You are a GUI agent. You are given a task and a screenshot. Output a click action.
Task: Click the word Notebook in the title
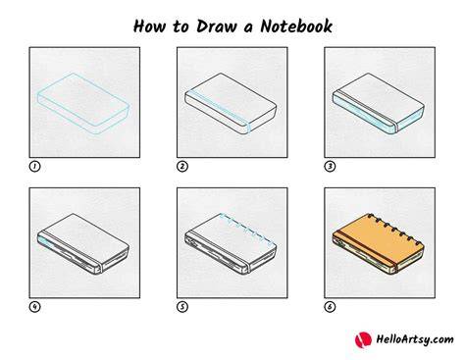pyautogui.click(x=296, y=26)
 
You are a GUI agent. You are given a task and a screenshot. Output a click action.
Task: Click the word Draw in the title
pyautogui.click(x=217, y=26)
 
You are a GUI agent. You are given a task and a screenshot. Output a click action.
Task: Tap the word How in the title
pyautogui.click(x=149, y=26)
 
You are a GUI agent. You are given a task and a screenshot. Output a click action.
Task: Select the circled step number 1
pyautogui.click(x=34, y=167)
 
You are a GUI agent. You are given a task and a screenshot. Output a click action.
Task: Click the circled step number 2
pyautogui.click(x=182, y=167)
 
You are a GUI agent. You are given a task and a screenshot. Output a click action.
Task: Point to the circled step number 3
pyautogui.click(x=330, y=167)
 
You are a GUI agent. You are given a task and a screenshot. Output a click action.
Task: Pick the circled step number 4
pyautogui.click(x=34, y=307)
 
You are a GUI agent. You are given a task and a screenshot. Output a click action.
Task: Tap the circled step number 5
pyautogui.click(x=182, y=307)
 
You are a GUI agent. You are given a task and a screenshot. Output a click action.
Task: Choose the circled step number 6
pyautogui.click(x=330, y=307)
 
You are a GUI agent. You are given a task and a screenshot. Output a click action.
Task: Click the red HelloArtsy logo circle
pyautogui.click(x=363, y=339)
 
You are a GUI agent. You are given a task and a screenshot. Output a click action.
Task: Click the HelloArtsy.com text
pyautogui.click(x=415, y=339)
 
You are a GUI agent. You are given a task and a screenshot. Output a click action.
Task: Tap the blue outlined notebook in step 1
pyautogui.click(x=83, y=104)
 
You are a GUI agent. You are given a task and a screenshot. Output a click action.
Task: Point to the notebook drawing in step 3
pyautogui.click(x=379, y=104)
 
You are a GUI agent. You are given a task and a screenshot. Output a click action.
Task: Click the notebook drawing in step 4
pyautogui.click(x=83, y=244)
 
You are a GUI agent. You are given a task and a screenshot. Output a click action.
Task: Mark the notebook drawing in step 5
pyautogui.click(x=231, y=244)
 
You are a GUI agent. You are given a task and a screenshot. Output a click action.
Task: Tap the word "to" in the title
pyautogui.click(x=181, y=26)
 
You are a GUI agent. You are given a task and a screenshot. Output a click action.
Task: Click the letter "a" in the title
pyautogui.click(x=248, y=28)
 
